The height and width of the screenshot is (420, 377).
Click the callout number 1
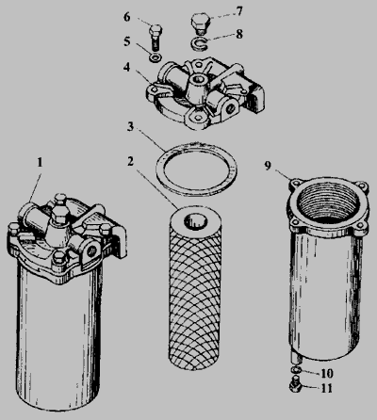[40, 163]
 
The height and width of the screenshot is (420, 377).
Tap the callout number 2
[131, 161]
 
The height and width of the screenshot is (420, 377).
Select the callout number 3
[130, 127]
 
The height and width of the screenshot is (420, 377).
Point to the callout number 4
[127, 67]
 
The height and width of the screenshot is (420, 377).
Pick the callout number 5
[127, 41]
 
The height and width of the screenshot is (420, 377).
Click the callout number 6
[127, 17]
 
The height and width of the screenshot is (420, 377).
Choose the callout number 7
[239, 11]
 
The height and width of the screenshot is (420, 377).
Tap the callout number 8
[239, 34]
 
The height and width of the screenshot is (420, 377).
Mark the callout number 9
[268, 166]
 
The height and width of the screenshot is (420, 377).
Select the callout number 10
[326, 374]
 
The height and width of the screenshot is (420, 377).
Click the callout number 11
[326, 389]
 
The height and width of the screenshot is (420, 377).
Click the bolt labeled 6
[156, 38]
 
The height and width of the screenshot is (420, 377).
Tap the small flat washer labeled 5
[156, 57]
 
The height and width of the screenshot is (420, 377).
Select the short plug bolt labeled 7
[201, 23]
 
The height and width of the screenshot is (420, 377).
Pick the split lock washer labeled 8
[199, 42]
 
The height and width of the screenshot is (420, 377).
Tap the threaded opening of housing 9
[329, 202]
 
